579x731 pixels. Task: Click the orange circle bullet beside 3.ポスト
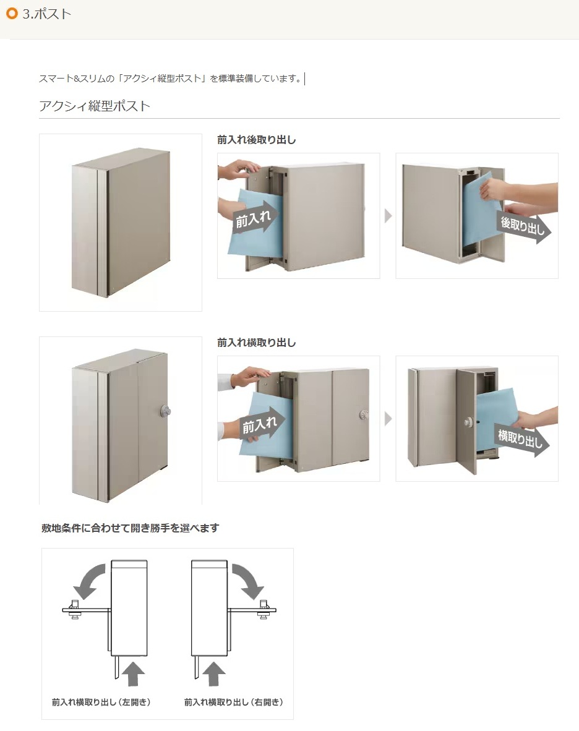(x=11, y=14)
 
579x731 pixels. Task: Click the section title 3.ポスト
(x=47, y=14)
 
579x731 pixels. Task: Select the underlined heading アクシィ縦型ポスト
(x=95, y=106)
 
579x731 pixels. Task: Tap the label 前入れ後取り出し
(x=257, y=140)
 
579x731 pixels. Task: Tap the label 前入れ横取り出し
(x=257, y=342)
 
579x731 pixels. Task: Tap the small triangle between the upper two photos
(x=388, y=216)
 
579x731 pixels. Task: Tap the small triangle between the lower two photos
(x=388, y=419)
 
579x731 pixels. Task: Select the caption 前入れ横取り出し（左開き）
(x=102, y=702)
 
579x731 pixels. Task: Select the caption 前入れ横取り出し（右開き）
(x=234, y=702)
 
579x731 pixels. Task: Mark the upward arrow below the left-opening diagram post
(x=134, y=672)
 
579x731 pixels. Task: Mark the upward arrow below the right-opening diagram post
(x=214, y=672)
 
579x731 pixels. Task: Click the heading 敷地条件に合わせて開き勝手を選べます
(x=130, y=528)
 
